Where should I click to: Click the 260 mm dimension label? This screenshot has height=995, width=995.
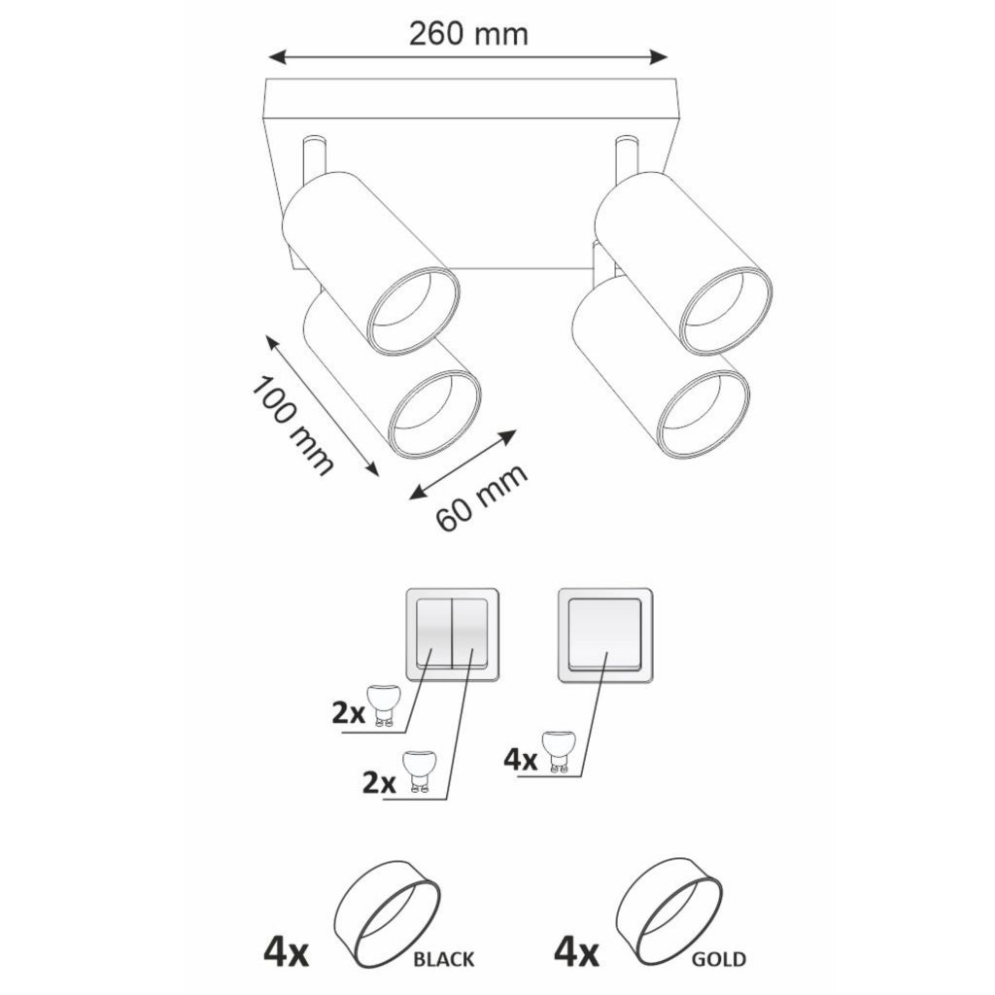(x=468, y=34)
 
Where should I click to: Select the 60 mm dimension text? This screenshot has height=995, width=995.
(x=482, y=498)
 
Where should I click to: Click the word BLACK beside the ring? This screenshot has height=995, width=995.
(x=443, y=958)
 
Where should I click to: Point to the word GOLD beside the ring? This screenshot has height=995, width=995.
(x=718, y=958)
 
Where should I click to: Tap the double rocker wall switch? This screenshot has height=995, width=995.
(x=452, y=635)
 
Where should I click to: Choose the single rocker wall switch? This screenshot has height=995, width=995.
(x=604, y=635)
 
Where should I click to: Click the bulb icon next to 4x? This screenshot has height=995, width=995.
(x=559, y=751)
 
